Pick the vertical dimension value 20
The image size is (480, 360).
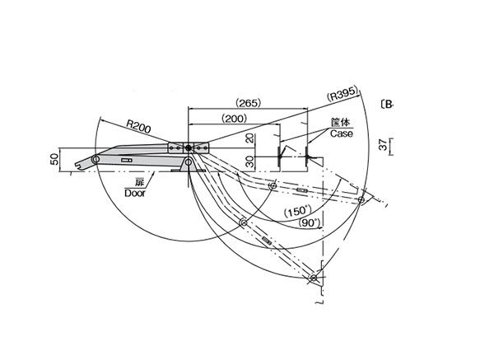coord(248,138)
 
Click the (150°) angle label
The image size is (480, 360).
coord(296,212)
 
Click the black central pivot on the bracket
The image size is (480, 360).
coord(189,149)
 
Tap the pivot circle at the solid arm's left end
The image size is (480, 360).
coord(96,158)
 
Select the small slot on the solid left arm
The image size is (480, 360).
coord(126,159)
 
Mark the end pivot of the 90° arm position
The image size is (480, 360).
coord(314,278)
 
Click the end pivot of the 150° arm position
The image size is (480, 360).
coord(361,199)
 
